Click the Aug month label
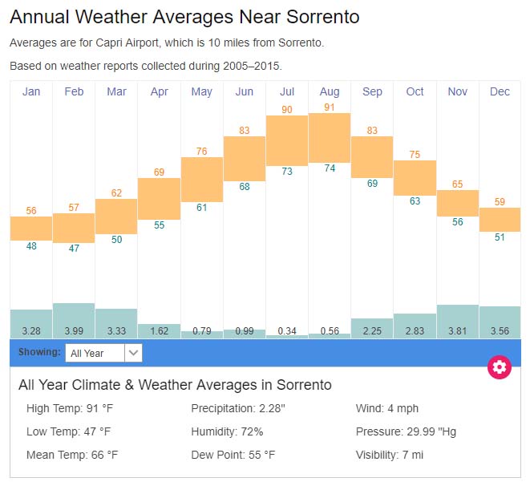[330, 91]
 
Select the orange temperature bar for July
[287, 140]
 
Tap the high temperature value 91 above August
[330, 107]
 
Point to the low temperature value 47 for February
[74, 249]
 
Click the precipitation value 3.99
[74, 330]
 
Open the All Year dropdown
[103, 353]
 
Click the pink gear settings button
[500, 367]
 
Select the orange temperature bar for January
[31, 228]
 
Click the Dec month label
[500, 91]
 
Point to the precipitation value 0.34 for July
[287, 330]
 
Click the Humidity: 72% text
[227, 431]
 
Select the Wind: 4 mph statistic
[387, 409]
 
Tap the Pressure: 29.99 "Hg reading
[406, 431]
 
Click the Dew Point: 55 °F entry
[233, 455]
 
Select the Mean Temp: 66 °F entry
[72, 455]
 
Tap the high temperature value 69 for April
[159, 172]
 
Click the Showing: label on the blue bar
[39, 352]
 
